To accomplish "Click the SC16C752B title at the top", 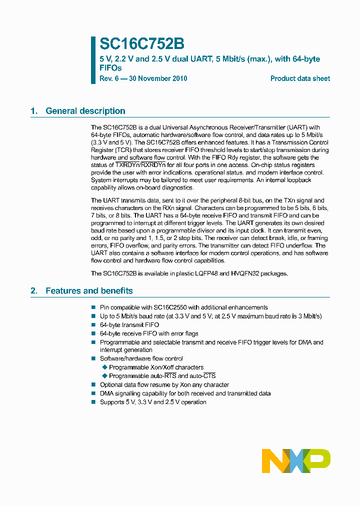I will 135,44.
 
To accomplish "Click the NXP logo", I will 296,460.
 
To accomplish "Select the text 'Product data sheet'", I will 300,78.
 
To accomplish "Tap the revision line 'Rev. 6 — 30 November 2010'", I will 143,78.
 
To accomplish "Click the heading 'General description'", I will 85,111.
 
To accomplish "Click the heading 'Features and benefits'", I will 89,290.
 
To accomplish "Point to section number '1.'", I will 34,111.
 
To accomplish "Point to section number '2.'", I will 34,290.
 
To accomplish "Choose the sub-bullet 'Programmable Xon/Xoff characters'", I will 156,367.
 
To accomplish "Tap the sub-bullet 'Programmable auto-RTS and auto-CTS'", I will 162,375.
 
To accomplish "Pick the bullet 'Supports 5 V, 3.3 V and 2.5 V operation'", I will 153,402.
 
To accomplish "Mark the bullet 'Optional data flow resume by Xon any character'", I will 164,384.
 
